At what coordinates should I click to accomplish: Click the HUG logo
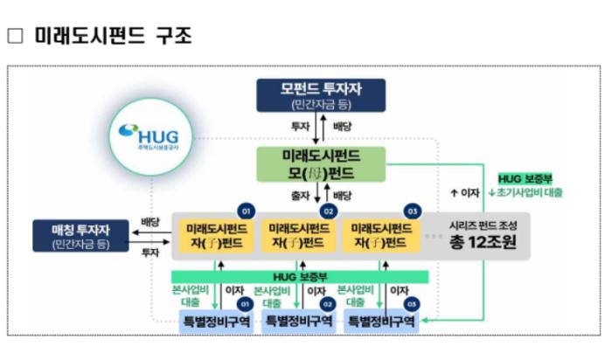click(x=150, y=137)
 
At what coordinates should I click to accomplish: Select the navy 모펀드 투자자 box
click(x=321, y=94)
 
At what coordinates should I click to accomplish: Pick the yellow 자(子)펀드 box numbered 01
click(x=214, y=234)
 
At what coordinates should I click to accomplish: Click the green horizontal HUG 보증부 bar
click(x=300, y=276)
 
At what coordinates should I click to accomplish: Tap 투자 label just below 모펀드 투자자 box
click(x=301, y=126)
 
